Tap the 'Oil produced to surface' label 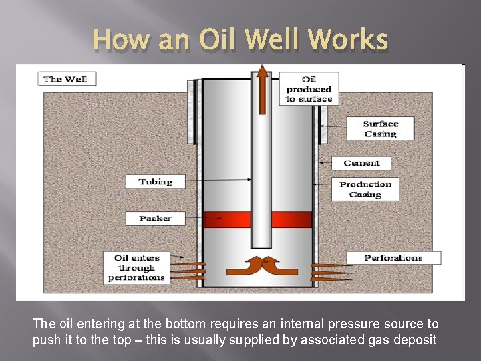pyautogui.click(x=308, y=88)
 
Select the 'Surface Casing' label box pyautogui.click(x=379, y=129)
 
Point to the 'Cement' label pyautogui.click(x=361, y=163)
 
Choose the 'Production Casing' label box pyautogui.click(x=365, y=189)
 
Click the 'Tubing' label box pyautogui.click(x=155, y=181)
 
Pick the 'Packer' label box pyautogui.click(x=155, y=219)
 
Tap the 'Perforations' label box pyautogui.click(x=393, y=258)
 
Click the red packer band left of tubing pyautogui.click(x=226, y=219)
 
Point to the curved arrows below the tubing pyautogui.click(x=262, y=265)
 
